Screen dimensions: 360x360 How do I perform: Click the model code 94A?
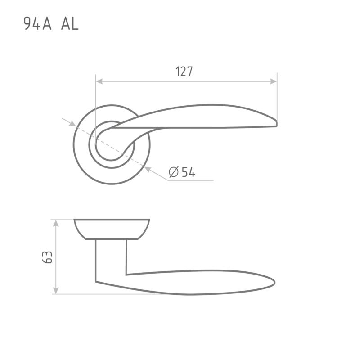[37, 24]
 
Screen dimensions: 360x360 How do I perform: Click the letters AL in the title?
[70, 24]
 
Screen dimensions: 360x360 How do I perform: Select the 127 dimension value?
[184, 71]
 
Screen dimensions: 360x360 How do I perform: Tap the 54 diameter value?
[189, 172]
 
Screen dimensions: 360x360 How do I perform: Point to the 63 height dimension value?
[47, 257]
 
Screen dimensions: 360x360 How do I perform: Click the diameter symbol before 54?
[174, 172]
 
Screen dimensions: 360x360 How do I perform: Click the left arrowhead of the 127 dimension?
[99, 81]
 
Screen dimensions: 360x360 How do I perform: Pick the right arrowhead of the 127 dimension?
[274, 81]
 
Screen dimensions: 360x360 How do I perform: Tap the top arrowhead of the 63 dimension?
[56, 223]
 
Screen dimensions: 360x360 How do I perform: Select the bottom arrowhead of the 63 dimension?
[56, 290]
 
